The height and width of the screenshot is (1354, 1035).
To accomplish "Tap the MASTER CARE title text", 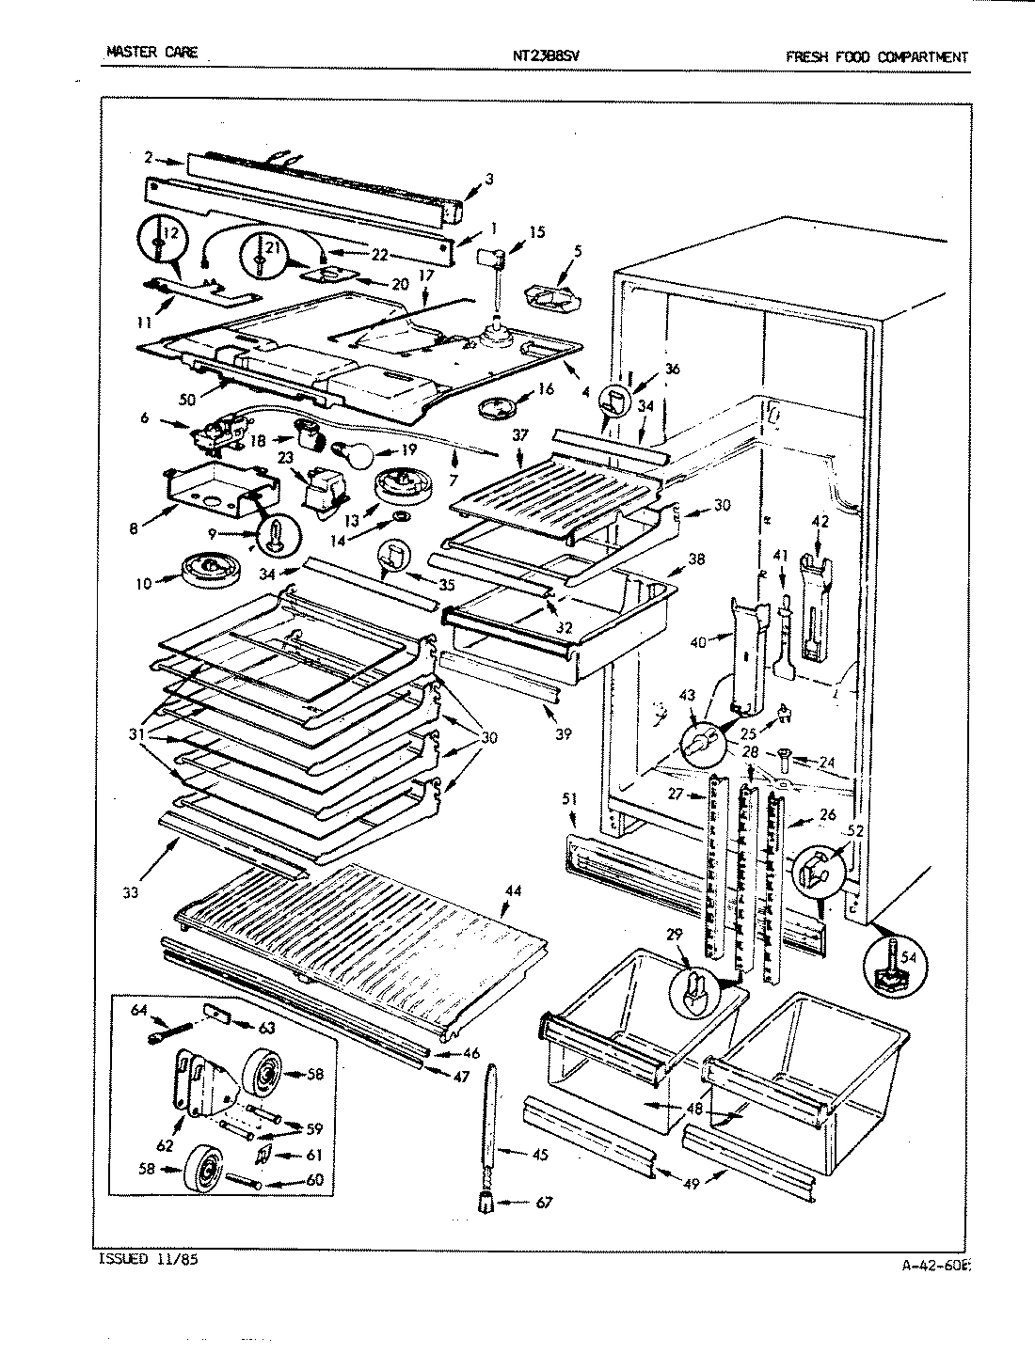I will coord(151,53).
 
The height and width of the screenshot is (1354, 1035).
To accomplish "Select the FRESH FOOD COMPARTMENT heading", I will coord(876,56).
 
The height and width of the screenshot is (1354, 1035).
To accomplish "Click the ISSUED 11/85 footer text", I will coord(148,1258).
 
